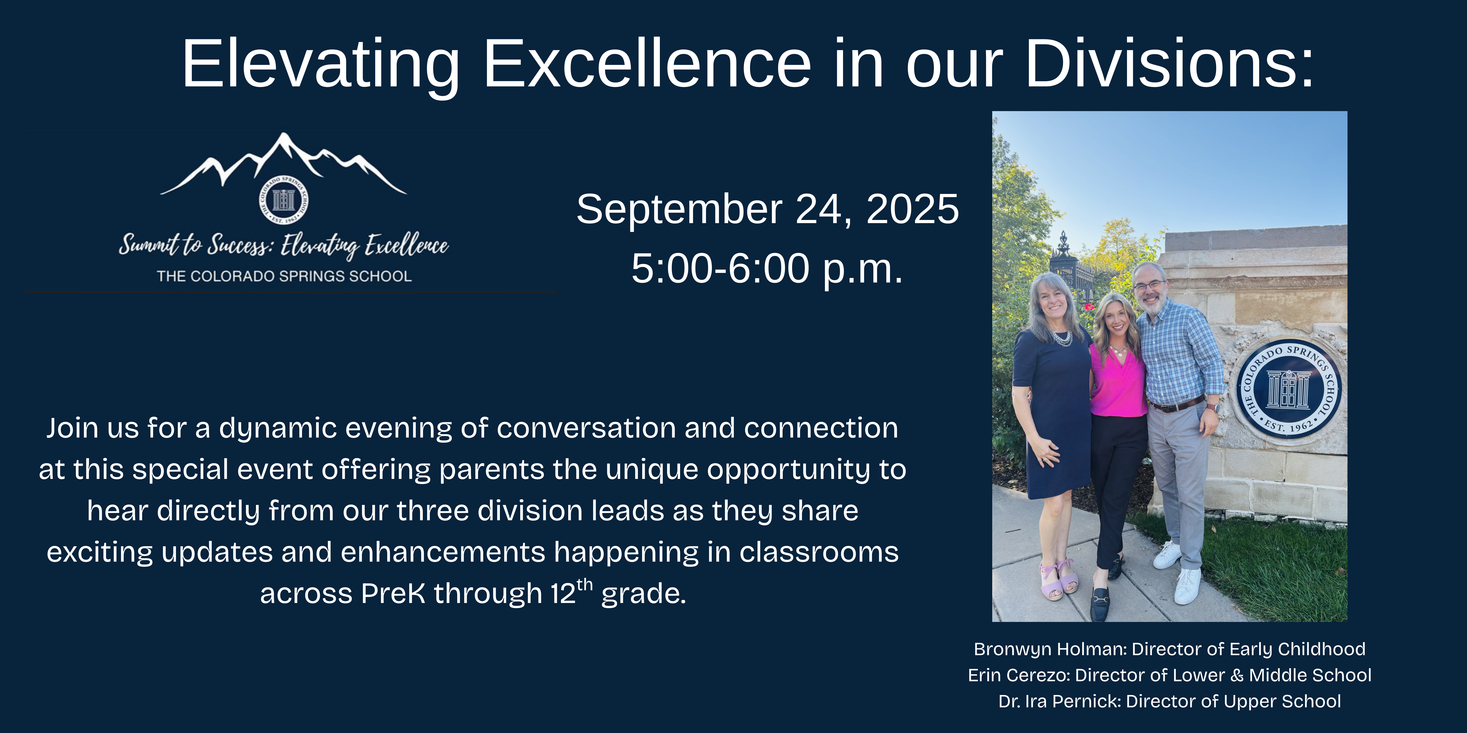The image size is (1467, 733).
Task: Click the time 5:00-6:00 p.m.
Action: click(x=767, y=268)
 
